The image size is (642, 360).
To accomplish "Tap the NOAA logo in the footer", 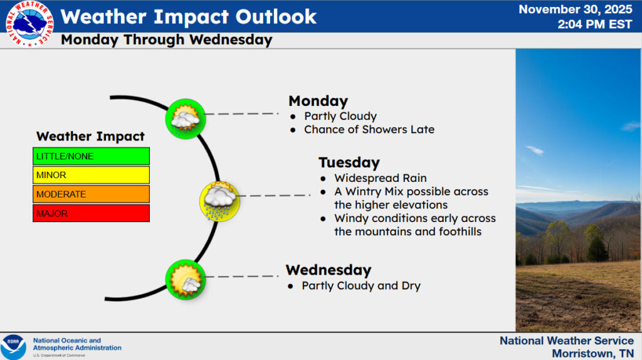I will [13, 347].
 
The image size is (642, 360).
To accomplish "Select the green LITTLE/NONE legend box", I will [91, 156].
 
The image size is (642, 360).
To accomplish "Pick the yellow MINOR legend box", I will [91, 175].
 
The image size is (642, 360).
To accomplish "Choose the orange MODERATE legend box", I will [91, 194].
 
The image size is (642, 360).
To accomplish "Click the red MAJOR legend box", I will [91, 214].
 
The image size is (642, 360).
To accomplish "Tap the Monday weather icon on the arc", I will [186, 119].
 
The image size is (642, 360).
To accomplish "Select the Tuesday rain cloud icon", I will [219, 200].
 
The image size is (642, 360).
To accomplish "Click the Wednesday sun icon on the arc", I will [186, 280].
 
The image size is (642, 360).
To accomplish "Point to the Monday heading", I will [318, 101].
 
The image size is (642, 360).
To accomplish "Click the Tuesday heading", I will [349, 162].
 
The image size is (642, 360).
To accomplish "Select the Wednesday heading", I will [329, 270].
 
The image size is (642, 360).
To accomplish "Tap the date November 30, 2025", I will [576, 9].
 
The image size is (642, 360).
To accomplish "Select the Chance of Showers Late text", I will [369, 130].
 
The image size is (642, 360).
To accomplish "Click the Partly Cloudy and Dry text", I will [361, 286].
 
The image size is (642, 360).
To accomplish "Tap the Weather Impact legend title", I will [90, 136].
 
